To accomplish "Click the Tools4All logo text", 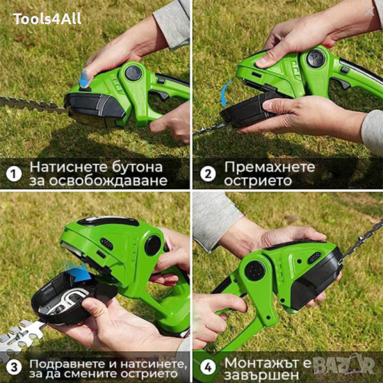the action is point(47,19).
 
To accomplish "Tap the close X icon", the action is point(370,11).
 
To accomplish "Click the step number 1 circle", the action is point(14,174).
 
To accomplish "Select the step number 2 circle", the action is point(208,174).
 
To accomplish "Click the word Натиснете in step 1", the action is point(69,167).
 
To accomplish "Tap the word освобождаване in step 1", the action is point(109,181).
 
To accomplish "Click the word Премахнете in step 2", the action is point(269,167).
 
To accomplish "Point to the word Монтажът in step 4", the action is point(262,363).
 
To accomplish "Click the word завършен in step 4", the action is point(261,375).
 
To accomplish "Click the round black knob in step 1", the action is point(133,73).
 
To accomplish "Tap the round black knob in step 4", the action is point(255,271).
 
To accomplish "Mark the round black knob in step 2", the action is point(315,58).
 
